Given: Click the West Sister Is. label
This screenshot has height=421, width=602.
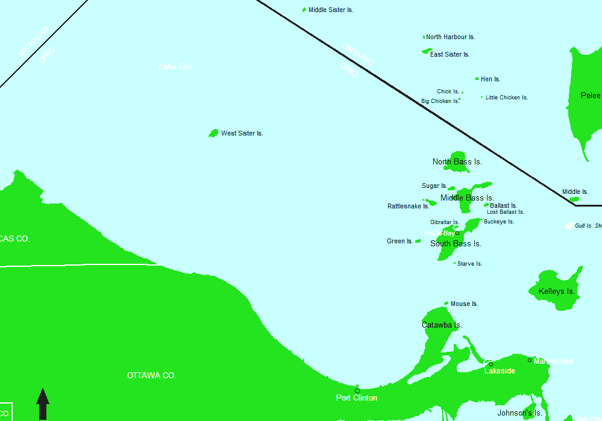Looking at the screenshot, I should [x=242, y=133].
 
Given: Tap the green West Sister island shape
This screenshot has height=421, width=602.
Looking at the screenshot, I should [x=213, y=133].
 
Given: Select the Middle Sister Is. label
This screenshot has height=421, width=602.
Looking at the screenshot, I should [x=330, y=10].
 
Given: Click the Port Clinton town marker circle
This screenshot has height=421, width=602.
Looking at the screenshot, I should [x=357, y=391].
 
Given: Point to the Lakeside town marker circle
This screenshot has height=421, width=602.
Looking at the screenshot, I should [x=491, y=364].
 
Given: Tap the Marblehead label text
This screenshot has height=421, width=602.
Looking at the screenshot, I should [x=553, y=361].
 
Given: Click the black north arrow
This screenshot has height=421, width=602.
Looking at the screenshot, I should [x=43, y=404].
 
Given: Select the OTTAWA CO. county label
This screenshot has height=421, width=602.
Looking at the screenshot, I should [x=151, y=375].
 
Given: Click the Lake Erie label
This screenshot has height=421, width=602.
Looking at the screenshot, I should [x=175, y=66].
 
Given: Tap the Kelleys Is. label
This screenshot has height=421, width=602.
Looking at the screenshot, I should [x=557, y=292].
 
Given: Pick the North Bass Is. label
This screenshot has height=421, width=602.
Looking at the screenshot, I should [x=457, y=161].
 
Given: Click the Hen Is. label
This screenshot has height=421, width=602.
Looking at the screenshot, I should [x=491, y=79].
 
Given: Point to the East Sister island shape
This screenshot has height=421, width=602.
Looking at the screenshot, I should [x=427, y=51].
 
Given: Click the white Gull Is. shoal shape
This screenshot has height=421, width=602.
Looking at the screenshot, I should [x=568, y=225].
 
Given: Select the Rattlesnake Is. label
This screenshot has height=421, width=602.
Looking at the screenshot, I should [x=408, y=206].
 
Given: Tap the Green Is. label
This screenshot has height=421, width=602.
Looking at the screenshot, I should [x=400, y=241].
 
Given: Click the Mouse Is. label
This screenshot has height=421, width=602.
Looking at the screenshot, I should [x=464, y=304].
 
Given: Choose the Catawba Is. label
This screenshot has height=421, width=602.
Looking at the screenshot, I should [x=442, y=325].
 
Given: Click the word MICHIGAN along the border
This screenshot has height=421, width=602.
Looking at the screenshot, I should [x=31, y=43].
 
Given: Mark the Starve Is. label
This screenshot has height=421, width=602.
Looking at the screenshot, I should [x=469, y=264].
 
